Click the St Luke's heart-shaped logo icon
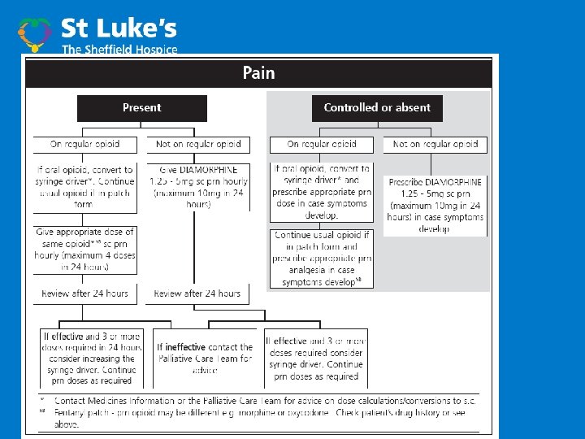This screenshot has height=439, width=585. pyautogui.click(x=35, y=33)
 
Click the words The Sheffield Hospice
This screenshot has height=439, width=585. pyautogui.click(x=119, y=50)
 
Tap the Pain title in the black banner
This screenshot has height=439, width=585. pyautogui.click(x=258, y=73)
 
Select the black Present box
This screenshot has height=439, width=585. pyautogui.click(x=141, y=107)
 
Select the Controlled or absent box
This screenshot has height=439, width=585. pyautogui.click(x=377, y=107)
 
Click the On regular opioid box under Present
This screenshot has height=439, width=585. pyautogui.click(x=84, y=144)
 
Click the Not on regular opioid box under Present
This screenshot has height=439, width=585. pyautogui.click(x=198, y=144)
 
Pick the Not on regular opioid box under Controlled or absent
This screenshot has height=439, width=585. pyautogui.click(x=435, y=144)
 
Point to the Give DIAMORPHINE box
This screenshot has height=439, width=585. pyautogui.click(x=198, y=187)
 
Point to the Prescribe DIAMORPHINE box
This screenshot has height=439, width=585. pyautogui.click(x=435, y=205)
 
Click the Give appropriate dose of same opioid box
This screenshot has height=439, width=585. pyautogui.click(x=84, y=250)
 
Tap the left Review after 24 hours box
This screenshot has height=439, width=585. pyautogui.click(x=84, y=293)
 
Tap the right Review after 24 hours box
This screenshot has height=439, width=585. pyautogui.click(x=198, y=293)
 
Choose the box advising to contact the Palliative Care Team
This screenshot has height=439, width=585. pyautogui.click(x=205, y=359)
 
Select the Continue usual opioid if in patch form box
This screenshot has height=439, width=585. pyautogui.click(x=322, y=258)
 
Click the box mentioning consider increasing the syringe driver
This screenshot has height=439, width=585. pyautogui.click(x=92, y=359)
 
